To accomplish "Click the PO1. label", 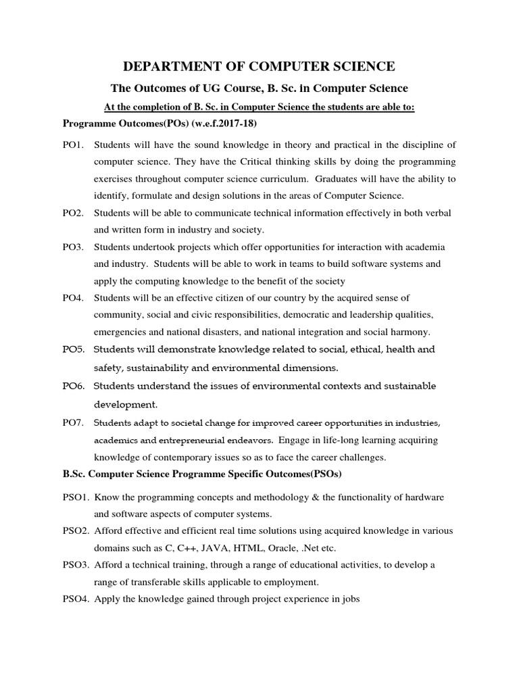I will (x=72, y=145).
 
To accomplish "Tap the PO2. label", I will (x=72, y=213).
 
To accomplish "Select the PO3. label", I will (x=72, y=247).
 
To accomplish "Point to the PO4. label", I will (x=72, y=298).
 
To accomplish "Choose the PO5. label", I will (x=72, y=350).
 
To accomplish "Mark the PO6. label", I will (x=72, y=387).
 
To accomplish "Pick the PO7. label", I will (x=72, y=423).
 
